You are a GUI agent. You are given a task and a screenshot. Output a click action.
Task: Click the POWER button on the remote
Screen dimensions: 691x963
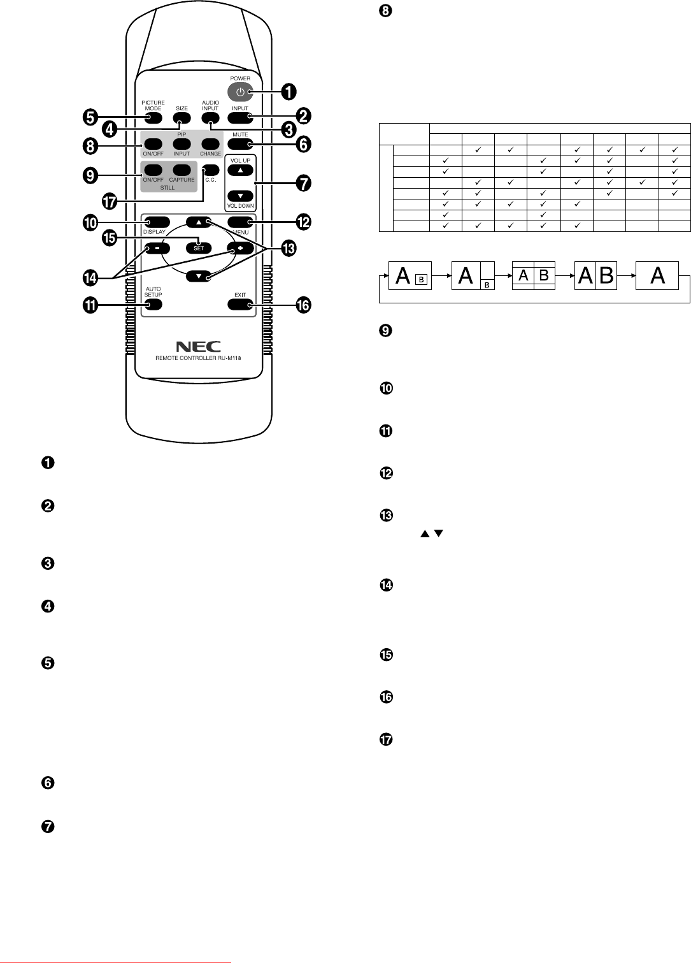240,92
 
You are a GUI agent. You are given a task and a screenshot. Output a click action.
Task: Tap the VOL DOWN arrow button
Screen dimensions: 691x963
240,196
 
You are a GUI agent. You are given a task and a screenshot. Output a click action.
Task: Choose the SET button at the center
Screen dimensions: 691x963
199,248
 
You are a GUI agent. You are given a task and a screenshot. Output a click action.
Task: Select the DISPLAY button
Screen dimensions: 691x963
153,222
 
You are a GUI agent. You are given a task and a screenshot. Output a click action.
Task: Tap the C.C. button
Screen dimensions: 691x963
211,170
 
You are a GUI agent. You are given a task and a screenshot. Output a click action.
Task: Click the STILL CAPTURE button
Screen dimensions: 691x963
182,170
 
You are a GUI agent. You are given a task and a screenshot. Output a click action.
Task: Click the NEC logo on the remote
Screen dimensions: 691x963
198,347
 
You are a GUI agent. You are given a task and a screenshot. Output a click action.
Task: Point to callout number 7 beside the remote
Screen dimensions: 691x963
304,183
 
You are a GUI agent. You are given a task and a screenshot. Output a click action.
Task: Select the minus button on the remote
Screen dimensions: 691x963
153,248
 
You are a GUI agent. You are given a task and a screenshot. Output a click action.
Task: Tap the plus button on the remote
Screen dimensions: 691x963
240,248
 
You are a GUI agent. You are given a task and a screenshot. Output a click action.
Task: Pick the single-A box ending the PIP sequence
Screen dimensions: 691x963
657,276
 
